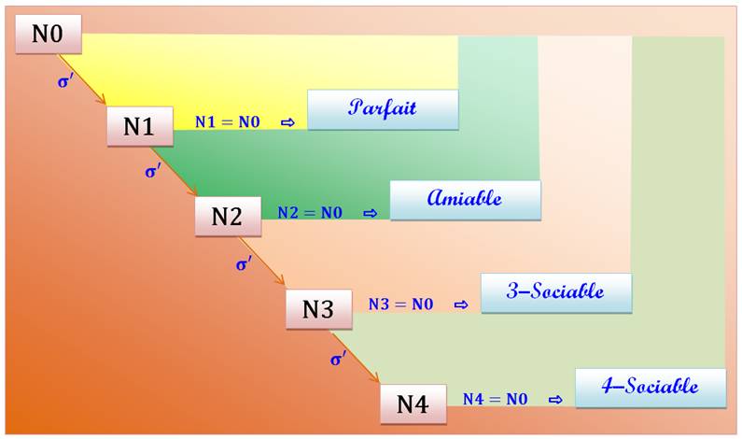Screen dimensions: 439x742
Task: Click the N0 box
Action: pos(49,35)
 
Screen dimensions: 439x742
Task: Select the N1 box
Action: pos(139,125)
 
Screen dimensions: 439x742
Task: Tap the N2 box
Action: pos(228,216)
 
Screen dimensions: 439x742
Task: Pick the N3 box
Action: pos(318,308)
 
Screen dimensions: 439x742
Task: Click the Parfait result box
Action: pos(383,108)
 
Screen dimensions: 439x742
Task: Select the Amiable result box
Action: pos(465,199)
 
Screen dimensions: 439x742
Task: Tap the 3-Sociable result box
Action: pos(556,292)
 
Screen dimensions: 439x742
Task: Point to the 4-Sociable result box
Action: pos(650,387)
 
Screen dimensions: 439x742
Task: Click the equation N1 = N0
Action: pos(228,122)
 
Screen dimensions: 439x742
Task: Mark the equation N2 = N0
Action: pos(310,213)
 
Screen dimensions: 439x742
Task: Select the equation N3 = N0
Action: pos(400,304)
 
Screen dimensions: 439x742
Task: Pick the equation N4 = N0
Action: pos(495,399)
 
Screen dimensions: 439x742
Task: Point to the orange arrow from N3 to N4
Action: pos(360,357)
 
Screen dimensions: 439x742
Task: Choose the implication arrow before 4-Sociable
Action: pos(555,400)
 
